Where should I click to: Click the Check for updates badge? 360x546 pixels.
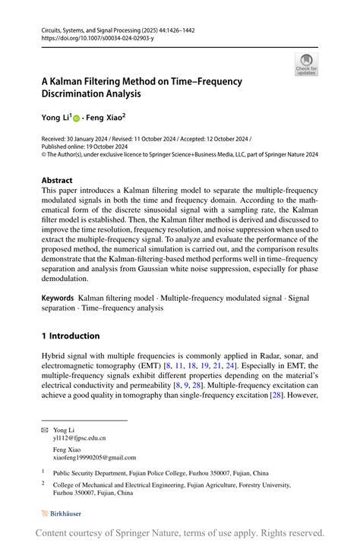[306, 65]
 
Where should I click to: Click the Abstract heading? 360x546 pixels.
[61, 181]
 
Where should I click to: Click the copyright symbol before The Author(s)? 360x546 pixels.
[44, 154]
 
